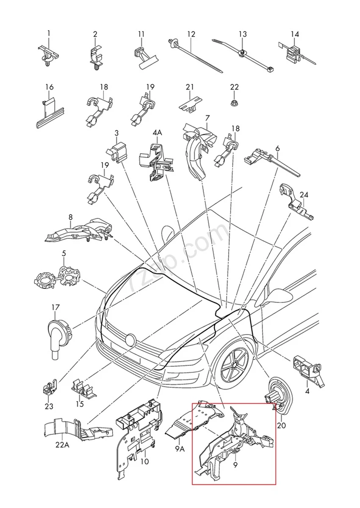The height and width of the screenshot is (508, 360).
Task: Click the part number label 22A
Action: point(62,445)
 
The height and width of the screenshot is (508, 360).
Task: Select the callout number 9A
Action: point(180,448)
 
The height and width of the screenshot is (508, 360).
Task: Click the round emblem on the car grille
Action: point(130,339)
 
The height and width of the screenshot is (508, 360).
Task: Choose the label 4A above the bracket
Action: point(157,133)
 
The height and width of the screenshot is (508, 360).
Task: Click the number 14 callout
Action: point(295,34)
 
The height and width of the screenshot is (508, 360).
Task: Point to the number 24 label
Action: point(304,195)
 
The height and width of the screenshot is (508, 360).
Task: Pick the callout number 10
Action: point(144,461)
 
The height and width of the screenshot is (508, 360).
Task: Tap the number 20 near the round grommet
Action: point(281,425)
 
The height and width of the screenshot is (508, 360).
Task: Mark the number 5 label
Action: point(64,254)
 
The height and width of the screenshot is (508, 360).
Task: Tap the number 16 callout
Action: point(50,88)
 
